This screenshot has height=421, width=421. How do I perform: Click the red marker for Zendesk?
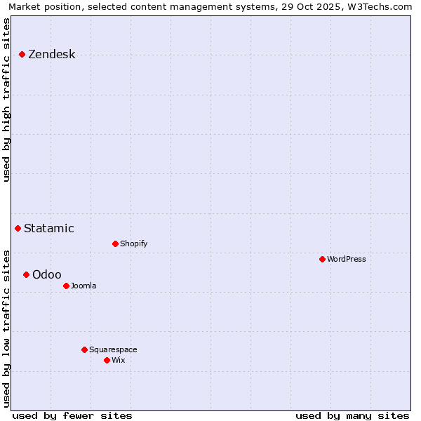tap(22, 54)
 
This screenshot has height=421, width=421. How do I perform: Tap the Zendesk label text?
tap(51, 55)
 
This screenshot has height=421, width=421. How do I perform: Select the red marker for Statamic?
tap(18, 228)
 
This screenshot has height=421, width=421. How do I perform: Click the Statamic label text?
tap(48, 228)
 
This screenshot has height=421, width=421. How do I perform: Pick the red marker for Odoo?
tap(26, 274)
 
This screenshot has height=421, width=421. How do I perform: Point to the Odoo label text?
tap(46, 274)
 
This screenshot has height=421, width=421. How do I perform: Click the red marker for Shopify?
tap(115, 243)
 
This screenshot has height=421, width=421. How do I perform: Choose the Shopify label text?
tap(133, 243)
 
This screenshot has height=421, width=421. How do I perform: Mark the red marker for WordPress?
tap(322, 259)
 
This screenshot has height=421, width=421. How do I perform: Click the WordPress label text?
tap(346, 259)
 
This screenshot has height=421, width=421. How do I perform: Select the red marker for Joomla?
tap(66, 286)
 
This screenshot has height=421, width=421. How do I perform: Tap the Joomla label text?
tap(83, 286)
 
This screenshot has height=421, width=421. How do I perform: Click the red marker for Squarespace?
tap(84, 349)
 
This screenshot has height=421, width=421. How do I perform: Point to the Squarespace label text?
tap(113, 349)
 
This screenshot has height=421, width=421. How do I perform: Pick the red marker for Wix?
tap(107, 360)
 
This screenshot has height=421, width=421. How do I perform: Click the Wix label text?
tap(118, 360)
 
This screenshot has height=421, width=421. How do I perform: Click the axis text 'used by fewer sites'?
tap(72, 415)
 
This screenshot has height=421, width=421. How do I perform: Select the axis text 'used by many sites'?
tap(352, 415)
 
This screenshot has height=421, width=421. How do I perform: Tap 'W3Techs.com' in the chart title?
tap(383, 6)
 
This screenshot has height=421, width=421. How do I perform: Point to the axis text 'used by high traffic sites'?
tap(7, 100)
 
